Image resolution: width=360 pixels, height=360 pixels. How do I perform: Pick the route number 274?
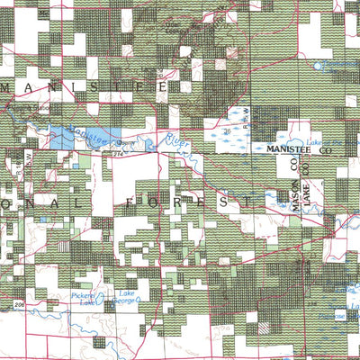(x=119, y=155)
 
